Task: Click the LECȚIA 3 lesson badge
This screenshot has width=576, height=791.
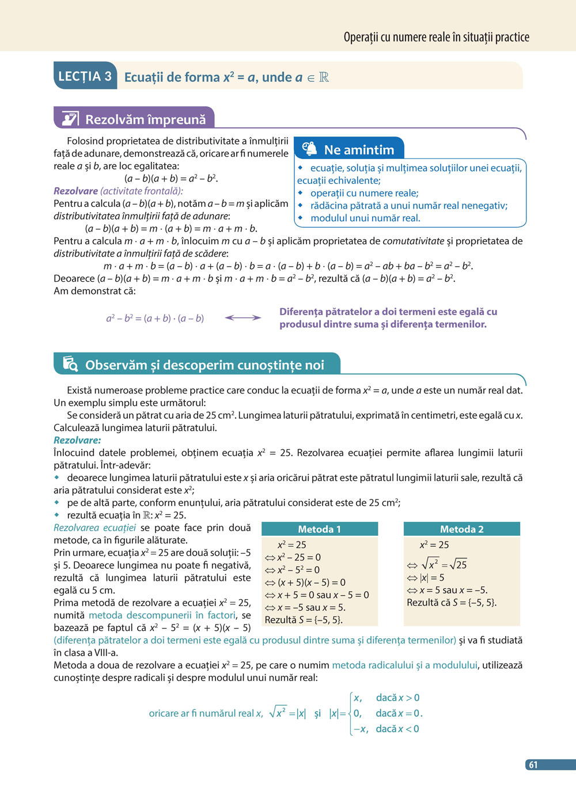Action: (85, 76)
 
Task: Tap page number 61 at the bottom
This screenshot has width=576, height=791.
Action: (533, 765)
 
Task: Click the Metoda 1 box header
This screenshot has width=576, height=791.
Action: (320, 529)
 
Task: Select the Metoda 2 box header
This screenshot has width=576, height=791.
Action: (461, 529)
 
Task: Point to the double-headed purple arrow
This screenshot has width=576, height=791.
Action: (242, 317)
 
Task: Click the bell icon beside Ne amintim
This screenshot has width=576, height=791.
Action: (309, 149)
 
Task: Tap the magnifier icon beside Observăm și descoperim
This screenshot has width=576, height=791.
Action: (70, 364)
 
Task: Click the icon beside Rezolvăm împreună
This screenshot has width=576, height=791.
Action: (70, 119)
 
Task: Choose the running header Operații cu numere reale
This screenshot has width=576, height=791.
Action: (436, 37)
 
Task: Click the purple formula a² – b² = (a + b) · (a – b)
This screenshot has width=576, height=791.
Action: (155, 318)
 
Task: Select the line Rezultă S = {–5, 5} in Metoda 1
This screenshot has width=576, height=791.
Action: (304, 620)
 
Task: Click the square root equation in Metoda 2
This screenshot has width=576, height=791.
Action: (444, 564)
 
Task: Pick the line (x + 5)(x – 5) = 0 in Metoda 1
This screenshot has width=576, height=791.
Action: (311, 582)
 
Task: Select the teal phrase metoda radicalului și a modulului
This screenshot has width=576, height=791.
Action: (404, 665)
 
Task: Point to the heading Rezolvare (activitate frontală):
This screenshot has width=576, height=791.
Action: (118, 191)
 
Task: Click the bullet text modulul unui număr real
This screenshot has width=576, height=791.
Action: (365, 218)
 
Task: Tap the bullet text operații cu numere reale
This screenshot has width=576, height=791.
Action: (364, 193)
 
